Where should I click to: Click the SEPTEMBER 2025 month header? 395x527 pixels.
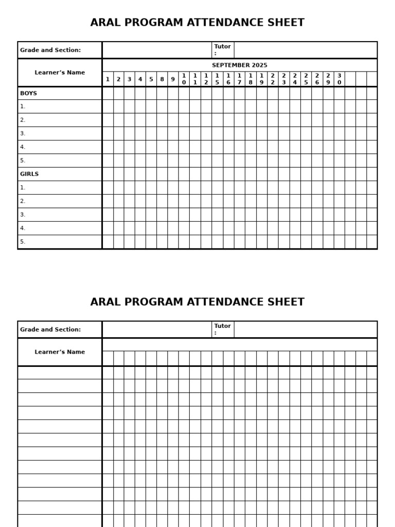click(239, 65)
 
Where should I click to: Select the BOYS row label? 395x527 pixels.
click(28, 94)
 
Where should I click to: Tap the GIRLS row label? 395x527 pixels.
click(29, 174)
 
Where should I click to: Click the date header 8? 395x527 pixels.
click(162, 79)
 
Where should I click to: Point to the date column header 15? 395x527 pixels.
click(217, 79)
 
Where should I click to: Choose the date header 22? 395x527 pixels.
click(273, 79)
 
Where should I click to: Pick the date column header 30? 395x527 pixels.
click(339, 79)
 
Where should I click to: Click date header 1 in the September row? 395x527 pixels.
click(107, 79)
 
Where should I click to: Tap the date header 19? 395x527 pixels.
click(261, 79)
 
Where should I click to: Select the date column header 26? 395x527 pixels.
click(317, 79)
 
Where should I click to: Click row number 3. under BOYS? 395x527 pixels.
click(23, 134)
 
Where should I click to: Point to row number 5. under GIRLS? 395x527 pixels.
click(23, 242)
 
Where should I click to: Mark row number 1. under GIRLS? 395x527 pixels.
click(23, 188)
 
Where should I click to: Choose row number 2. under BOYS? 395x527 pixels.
click(23, 120)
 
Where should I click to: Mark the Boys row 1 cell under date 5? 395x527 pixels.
click(151, 107)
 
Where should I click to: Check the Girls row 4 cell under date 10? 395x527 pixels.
click(184, 228)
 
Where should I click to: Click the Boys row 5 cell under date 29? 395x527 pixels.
click(328, 161)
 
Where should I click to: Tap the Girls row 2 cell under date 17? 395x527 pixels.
click(239, 201)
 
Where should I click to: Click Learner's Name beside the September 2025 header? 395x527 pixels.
click(60, 73)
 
